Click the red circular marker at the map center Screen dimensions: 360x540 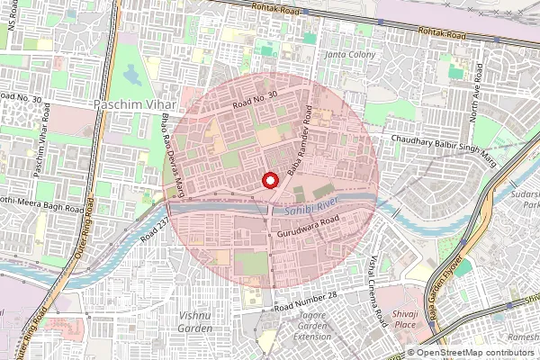[x=269, y=180]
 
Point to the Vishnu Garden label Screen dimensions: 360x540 [x=195, y=321]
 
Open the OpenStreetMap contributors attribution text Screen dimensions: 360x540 [x=476, y=353]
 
